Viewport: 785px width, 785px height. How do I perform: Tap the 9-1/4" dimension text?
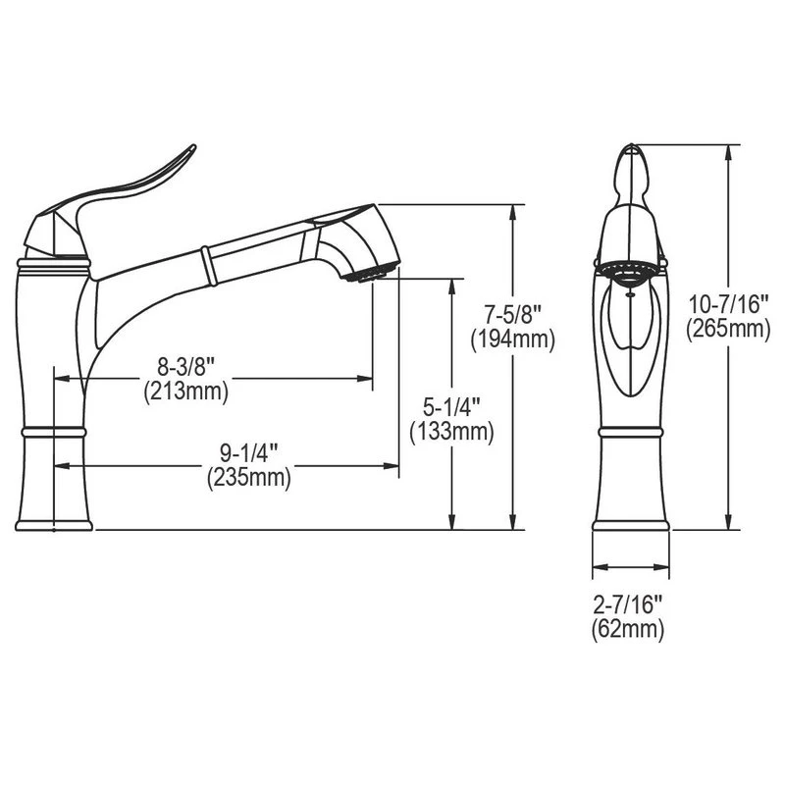[248, 453]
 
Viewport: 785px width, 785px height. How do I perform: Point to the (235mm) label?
[249, 478]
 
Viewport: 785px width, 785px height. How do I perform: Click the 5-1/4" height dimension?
[451, 405]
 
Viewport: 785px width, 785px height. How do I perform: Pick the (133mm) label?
[451, 430]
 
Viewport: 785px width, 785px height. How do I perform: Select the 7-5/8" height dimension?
[512, 315]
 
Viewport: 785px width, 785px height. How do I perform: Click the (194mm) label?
[512, 340]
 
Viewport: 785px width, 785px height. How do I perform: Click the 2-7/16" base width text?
[629, 605]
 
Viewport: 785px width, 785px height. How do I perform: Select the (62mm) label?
[629, 630]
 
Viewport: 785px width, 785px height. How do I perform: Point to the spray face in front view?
[629, 271]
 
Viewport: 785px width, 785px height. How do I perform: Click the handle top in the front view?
[629, 162]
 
